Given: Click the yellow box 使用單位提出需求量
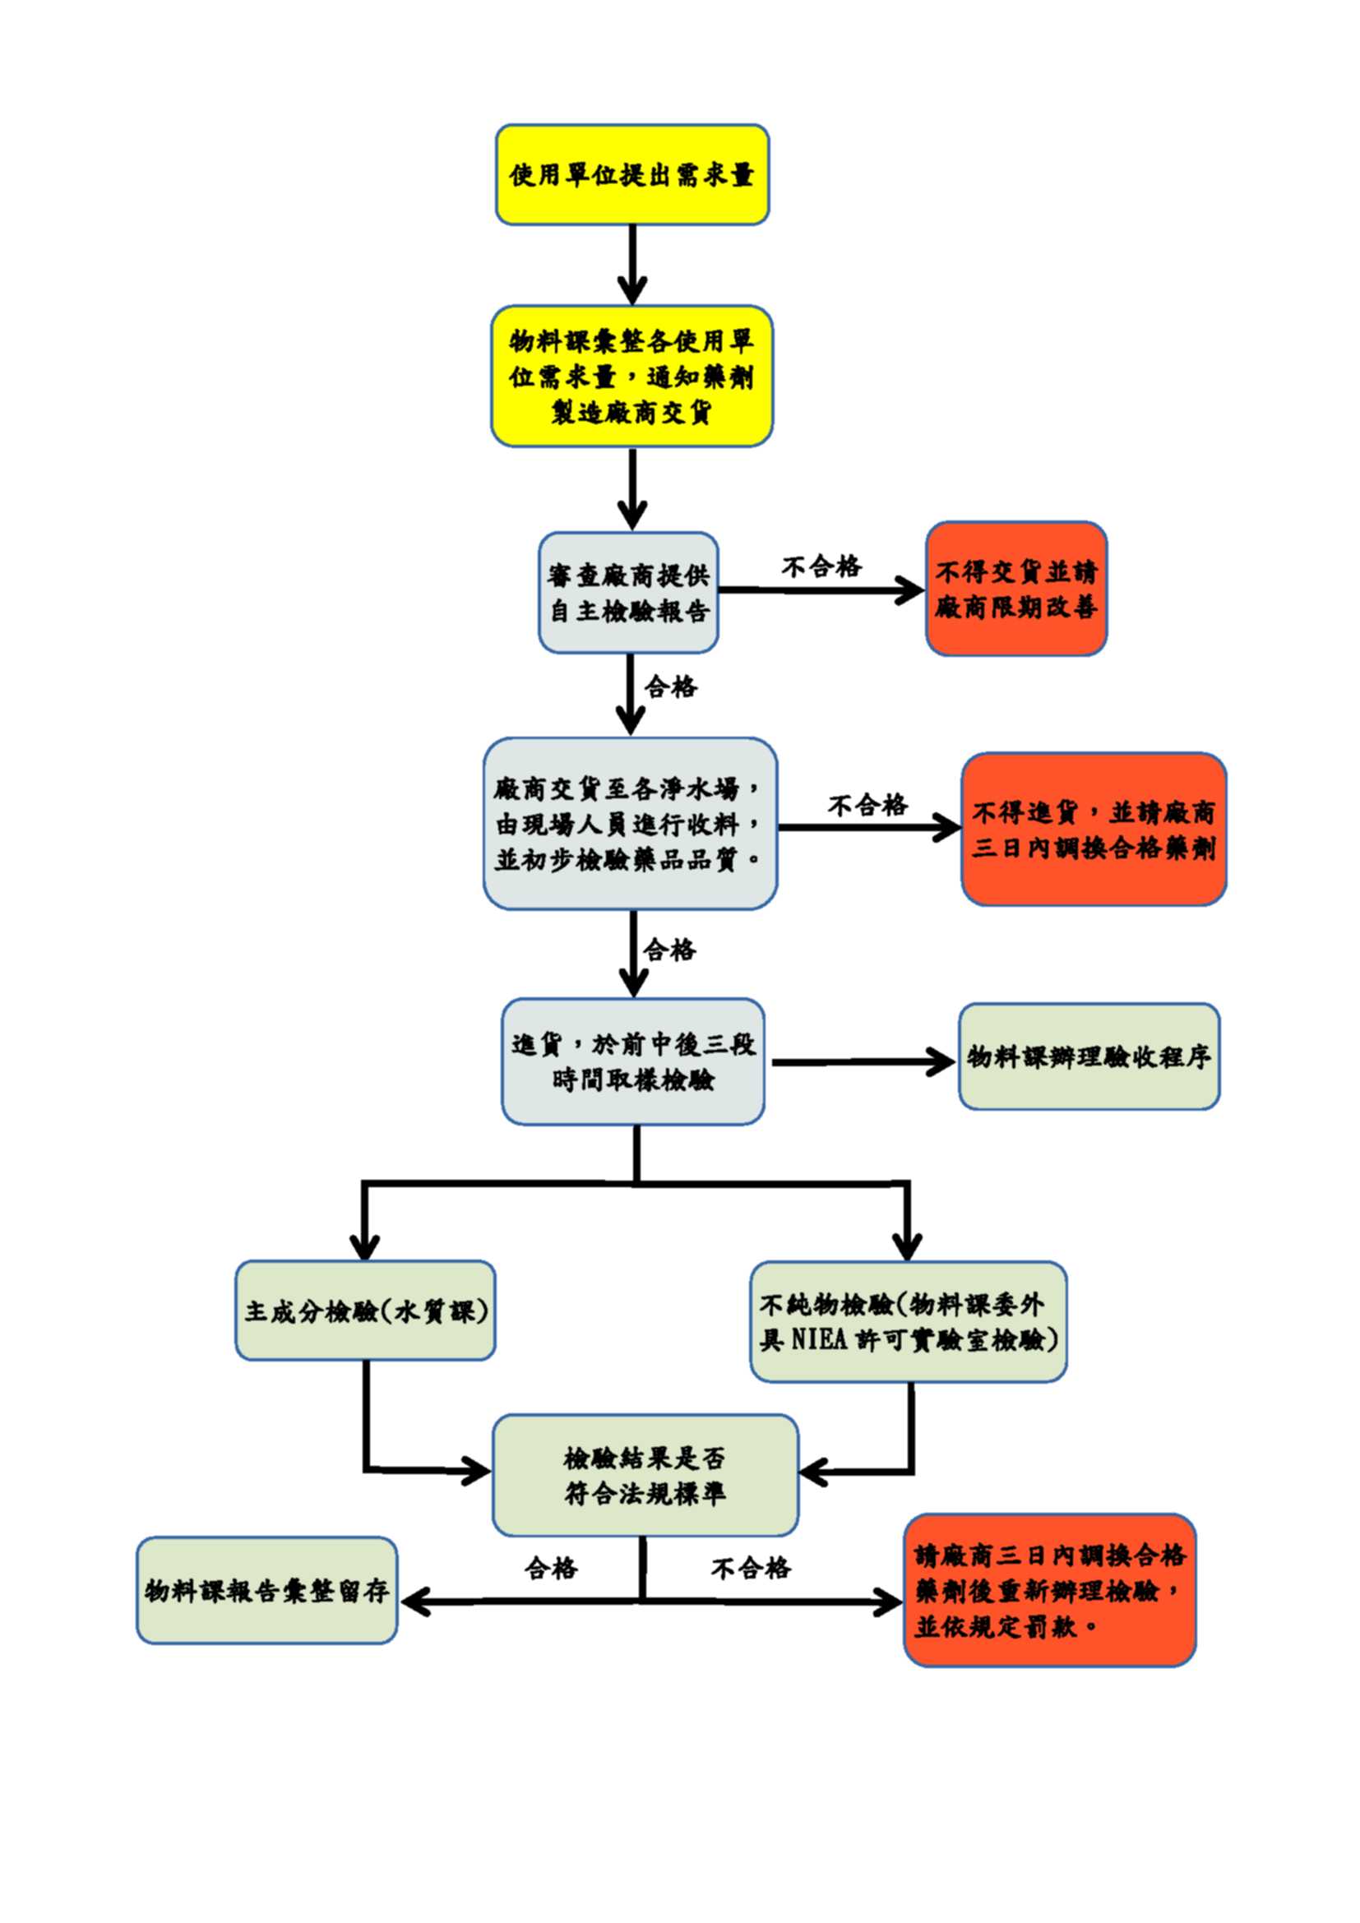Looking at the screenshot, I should [x=632, y=174].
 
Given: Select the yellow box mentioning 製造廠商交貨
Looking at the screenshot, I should [x=631, y=376].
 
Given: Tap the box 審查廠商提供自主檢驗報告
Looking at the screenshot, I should [x=628, y=593].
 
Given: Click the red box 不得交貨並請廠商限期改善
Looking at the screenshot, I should [x=1015, y=589].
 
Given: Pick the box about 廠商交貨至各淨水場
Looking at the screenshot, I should [x=630, y=823].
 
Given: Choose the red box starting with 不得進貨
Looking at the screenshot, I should [x=1093, y=830].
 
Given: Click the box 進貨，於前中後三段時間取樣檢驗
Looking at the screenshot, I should [x=633, y=1061].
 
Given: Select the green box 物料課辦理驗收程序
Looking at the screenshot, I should [x=1089, y=1057].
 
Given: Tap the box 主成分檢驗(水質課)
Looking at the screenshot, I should [x=365, y=1311].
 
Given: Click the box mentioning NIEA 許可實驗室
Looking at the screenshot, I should [x=908, y=1323].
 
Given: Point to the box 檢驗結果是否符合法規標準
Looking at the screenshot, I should [x=645, y=1476].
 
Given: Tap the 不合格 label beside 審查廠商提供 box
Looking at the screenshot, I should [x=821, y=567].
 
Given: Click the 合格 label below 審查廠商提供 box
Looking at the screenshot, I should [x=670, y=687].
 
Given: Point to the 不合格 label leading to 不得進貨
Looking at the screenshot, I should [x=867, y=806].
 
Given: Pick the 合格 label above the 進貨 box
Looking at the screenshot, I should [x=669, y=950].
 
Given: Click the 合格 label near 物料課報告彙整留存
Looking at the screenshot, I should [x=551, y=1568].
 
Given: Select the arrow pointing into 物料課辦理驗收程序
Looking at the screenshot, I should [x=863, y=1062].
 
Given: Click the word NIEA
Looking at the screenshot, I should [x=820, y=1339].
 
